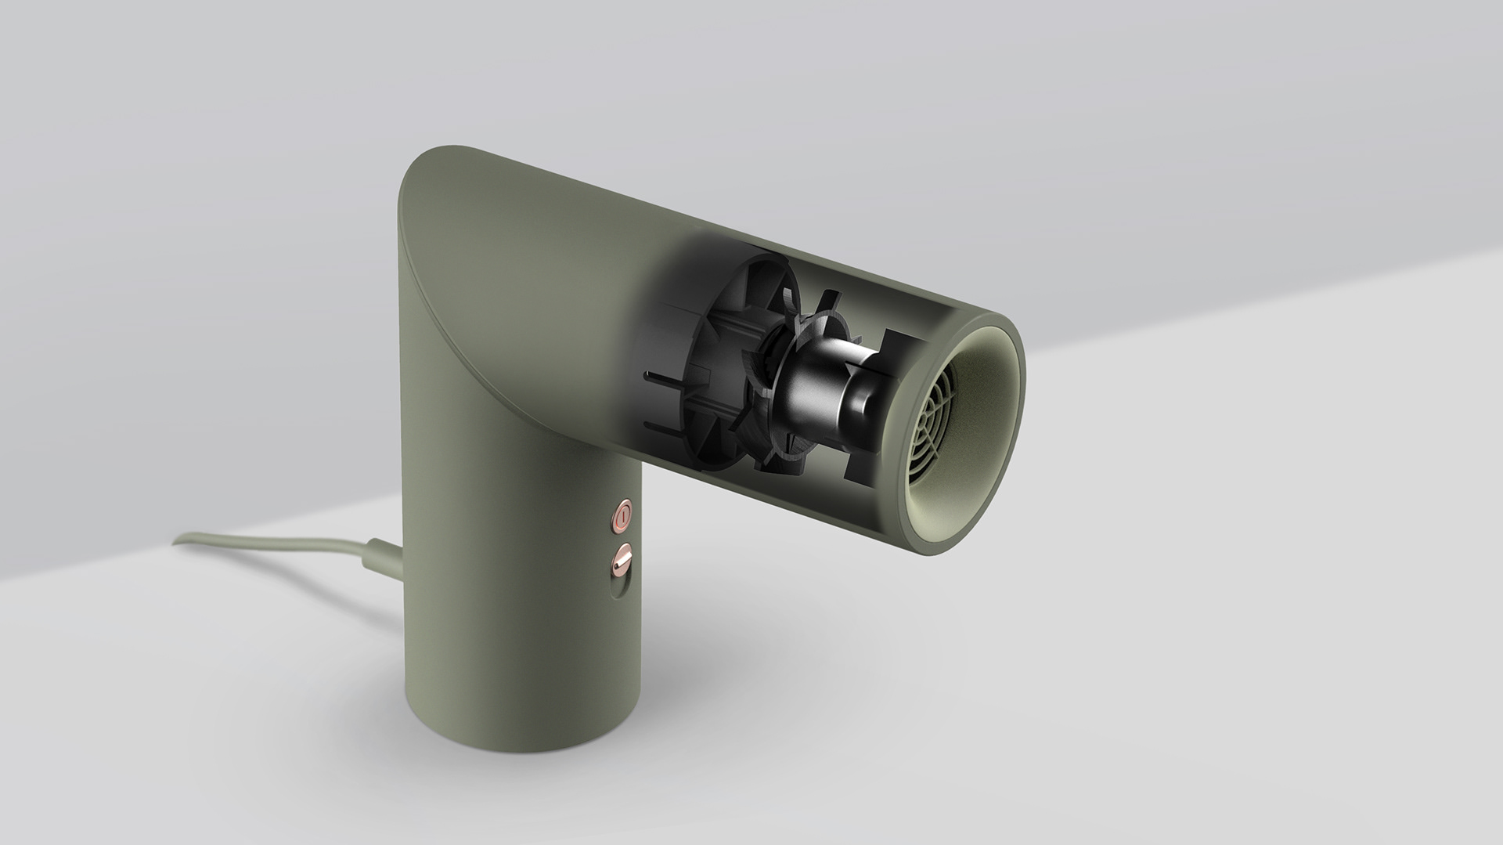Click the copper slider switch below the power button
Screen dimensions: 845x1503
622,561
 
